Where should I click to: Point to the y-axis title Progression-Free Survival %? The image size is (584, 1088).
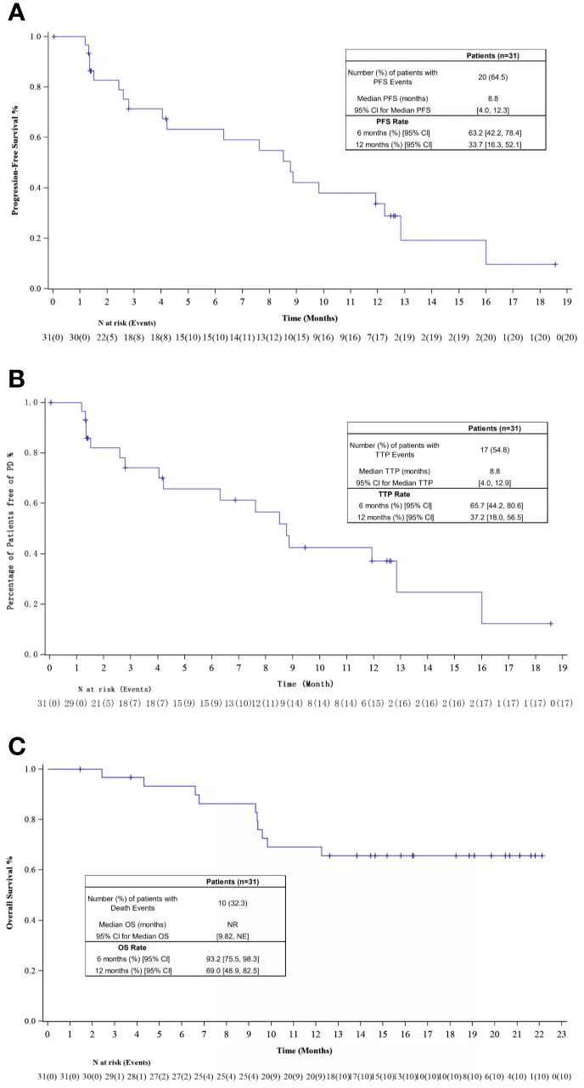coord(16,162)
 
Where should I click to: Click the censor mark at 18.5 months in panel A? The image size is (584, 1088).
coord(555,264)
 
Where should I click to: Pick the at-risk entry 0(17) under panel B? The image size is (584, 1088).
coord(557,704)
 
